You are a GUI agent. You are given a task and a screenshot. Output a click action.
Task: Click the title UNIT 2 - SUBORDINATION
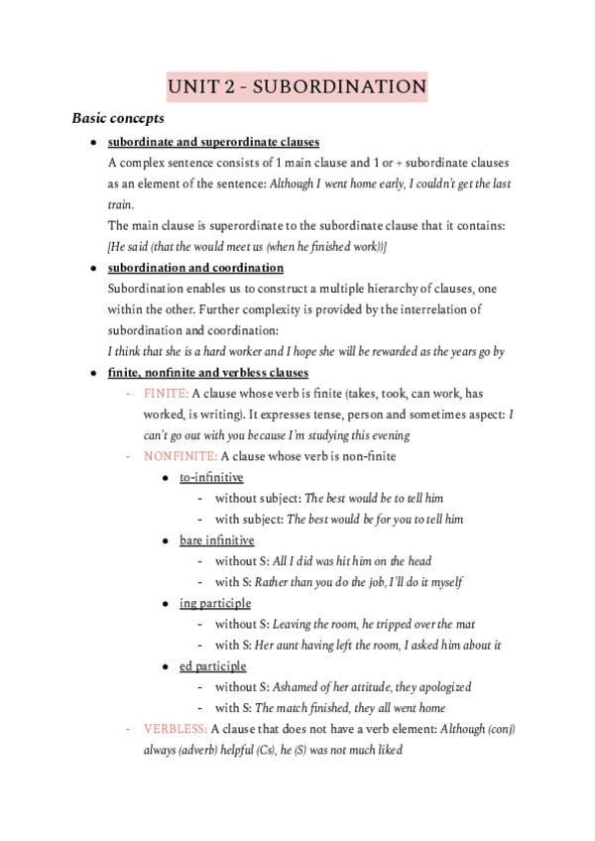coord(297,87)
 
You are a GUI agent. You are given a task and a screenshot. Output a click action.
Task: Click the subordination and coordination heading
coord(195,268)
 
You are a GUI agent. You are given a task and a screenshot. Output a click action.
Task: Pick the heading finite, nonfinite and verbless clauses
coord(208,372)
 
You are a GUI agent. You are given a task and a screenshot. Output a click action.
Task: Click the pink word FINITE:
coord(165,394)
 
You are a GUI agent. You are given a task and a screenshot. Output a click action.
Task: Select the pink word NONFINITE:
coord(179,456)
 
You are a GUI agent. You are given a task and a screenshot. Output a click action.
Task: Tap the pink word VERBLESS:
coord(175,729)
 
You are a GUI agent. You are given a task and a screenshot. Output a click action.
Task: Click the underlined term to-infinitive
coord(211,478)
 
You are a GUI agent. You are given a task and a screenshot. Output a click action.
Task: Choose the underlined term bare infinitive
coord(216,541)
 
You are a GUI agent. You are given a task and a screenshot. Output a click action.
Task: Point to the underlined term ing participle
coord(215,603)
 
